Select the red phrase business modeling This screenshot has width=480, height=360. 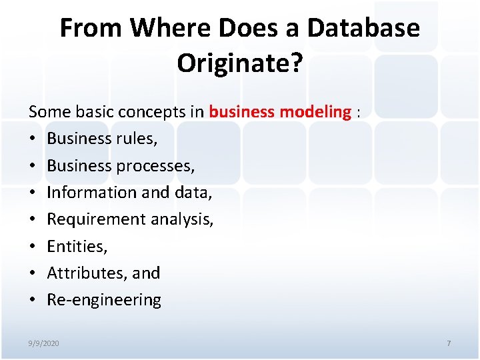click(x=279, y=112)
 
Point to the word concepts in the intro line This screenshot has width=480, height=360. click(x=152, y=112)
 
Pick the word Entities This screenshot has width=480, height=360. click(x=77, y=247)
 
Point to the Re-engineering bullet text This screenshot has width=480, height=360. click(x=104, y=300)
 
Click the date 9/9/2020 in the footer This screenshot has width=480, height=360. click(x=43, y=343)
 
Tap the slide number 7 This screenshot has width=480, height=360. click(x=449, y=343)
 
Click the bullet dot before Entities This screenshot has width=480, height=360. click(x=33, y=247)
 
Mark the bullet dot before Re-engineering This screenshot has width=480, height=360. click(x=33, y=300)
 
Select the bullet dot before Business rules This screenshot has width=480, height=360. click(x=33, y=139)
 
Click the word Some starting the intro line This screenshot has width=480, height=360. click(x=47, y=112)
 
